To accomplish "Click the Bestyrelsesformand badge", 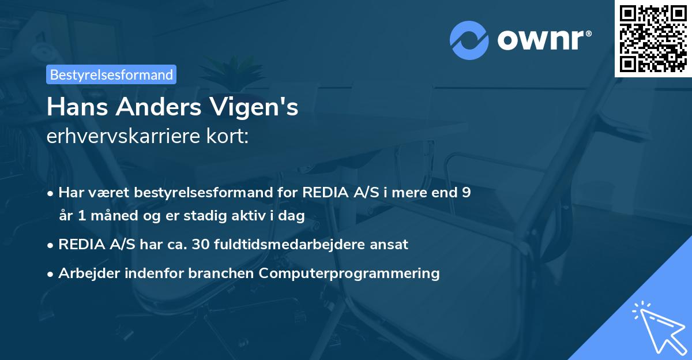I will click(111, 74).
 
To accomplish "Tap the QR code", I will click(653, 38).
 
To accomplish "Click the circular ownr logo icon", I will click(469, 40).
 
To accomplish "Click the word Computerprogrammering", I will click(349, 273).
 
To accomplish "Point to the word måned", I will click(107, 216).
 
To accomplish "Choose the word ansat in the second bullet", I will click(389, 244).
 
